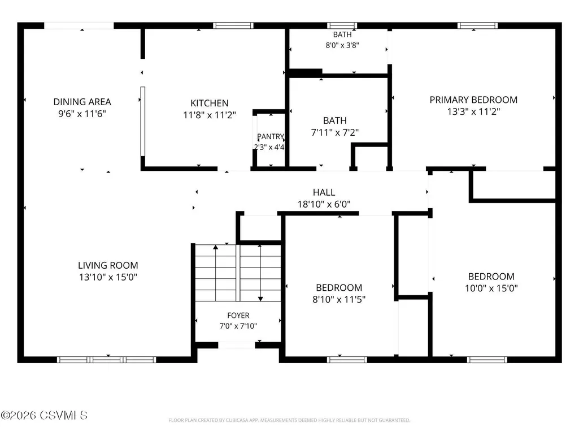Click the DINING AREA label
point(82,102)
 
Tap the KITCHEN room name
point(210,103)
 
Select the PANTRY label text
point(271,136)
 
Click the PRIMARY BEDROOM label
point(473,100)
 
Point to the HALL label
point(324,192)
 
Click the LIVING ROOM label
point(108,265)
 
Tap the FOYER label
point(238,316)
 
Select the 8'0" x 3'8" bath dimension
point(342,45)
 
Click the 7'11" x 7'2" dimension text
point(335,132)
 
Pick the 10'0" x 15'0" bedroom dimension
point(491,288)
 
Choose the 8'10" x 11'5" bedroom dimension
point(339,299)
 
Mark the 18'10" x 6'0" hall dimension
point(324,204)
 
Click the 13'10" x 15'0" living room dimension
point(108,277)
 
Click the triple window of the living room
point(106,360)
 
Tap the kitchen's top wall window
point(233,25)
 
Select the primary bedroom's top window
point(477,25)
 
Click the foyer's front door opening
point(236,346)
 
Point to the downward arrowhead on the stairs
point(261,299)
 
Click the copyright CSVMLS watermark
point(44,415)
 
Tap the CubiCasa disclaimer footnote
point(289,420)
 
